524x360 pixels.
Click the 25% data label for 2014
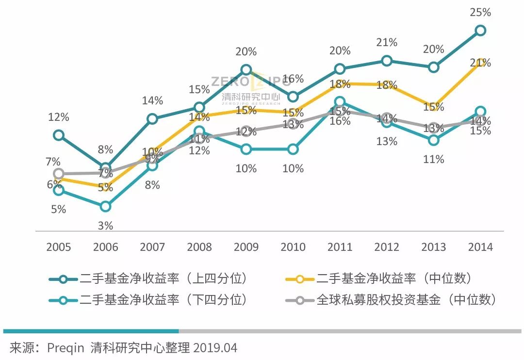pos(480,13)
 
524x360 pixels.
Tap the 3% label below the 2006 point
pos(105,226)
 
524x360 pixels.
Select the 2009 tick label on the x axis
pos(246,247)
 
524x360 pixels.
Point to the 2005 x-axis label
pos(58,247)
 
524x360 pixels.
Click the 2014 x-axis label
pos(480,247)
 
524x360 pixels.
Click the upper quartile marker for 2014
pos(480,30)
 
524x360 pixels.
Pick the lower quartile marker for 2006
pos(105,206)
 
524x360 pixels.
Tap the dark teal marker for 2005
pos(58,135)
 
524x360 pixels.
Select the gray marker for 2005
pos(58,173)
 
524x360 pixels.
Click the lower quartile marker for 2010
pos(293,149)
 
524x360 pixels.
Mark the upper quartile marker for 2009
pos(246,69)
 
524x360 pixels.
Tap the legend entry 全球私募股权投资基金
pos(393,300)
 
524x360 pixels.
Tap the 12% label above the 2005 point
pos(58,117)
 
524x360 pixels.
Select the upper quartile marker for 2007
pos(152,119)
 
